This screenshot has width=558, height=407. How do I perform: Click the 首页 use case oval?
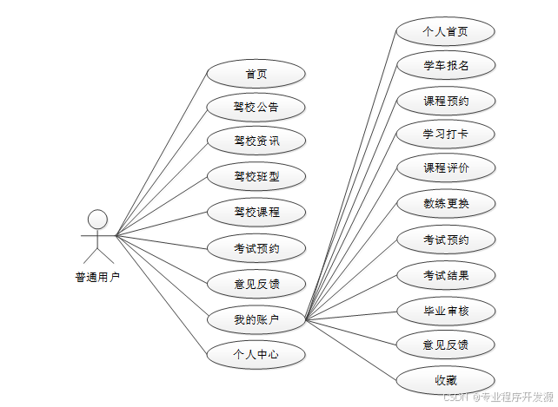point(256,74)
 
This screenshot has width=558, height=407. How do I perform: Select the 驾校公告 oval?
point(256,108)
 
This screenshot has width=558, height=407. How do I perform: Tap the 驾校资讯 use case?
point(256,141)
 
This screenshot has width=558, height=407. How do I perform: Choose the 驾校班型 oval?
point(256,177)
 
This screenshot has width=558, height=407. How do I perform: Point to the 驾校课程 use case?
point(256,212)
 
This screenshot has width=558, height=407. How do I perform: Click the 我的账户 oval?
point(256,319)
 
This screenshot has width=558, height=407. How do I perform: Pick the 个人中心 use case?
point(256,354)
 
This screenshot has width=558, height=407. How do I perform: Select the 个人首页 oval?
point(446,32)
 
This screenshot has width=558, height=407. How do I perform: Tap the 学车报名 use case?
point(446,66)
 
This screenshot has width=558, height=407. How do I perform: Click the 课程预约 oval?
point(446,101)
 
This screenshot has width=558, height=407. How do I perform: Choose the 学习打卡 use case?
point(446,135)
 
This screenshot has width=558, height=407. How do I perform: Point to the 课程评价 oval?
point(446,168)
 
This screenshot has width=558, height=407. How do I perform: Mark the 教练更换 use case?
point(446,204)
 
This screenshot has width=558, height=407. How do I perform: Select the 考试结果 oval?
point(446,276)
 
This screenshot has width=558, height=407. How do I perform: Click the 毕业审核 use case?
point(446,310)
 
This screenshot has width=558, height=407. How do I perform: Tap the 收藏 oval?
point(446,380)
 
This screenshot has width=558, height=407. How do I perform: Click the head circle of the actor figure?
point(98,218)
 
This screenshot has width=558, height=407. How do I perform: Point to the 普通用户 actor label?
point(97,278)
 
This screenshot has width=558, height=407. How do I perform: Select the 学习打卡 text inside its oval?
point(446,135)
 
